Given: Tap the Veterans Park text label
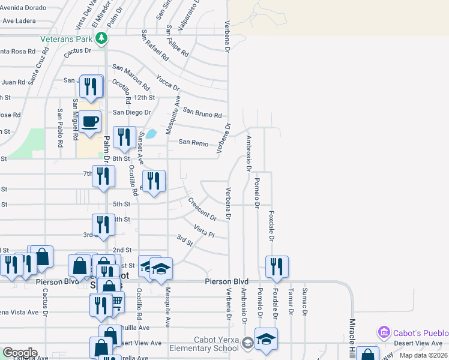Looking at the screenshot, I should point(66,39).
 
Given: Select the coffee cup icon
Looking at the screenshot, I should point(91,122).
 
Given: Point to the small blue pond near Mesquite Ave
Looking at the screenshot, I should point(152,134).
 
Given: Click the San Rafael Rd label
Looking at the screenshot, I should point(155,45).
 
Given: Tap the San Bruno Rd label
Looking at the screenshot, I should point(202,112).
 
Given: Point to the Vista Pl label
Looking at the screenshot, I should point(204,230).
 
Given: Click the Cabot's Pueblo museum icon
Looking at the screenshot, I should point(383,332).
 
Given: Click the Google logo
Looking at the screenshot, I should point(20,353).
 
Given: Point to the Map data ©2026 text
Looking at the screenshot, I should point(423,355).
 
